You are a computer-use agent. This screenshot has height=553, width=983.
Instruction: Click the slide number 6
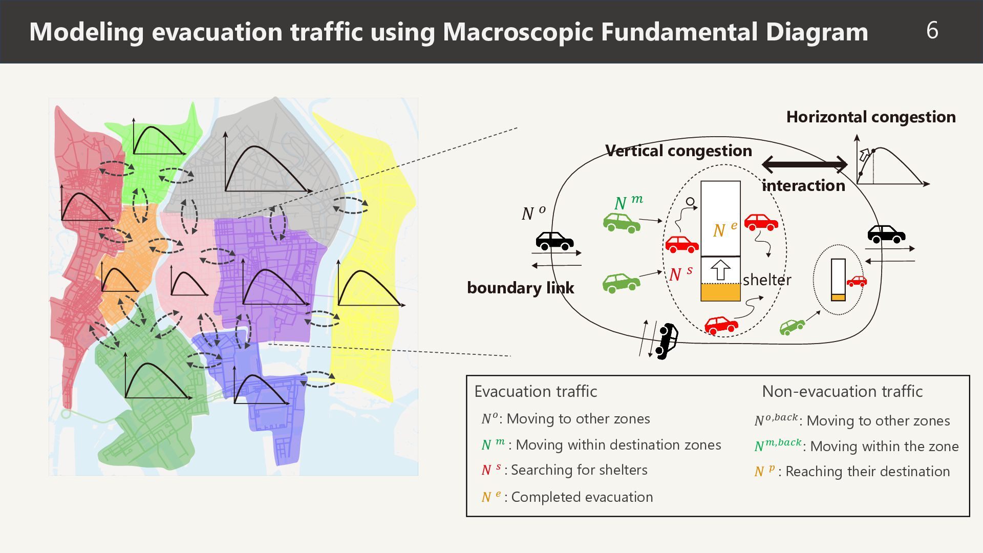pyautogui.click(x=932, y=30)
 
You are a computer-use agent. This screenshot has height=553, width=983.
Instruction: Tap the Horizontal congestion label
pyautogui.click(x=871, y=117)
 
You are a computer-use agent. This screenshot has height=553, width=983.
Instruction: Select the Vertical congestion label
pyautogui.click(x=678, y=151)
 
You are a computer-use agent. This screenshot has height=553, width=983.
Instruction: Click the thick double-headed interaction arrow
pyautogui.click(x=804, y=164)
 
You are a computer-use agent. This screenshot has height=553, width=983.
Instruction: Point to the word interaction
pyautogui.click(x=803, y=185)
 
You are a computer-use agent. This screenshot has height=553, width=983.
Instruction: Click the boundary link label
pyautogui.click(x=520, y=288)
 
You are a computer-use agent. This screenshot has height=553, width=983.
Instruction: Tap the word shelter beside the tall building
pyautogui.click(x=767, y=280)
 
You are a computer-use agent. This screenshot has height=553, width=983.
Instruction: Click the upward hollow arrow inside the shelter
pyautogui.click(x=720, y=270)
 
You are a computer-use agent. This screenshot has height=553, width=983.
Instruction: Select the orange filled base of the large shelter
pyautogui.click(x=720, y=292)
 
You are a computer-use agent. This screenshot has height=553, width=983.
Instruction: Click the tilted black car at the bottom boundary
pyautogui.click(x=667, y=341)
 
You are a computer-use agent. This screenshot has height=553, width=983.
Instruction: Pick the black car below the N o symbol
pyautogui.click(x=554, y=241)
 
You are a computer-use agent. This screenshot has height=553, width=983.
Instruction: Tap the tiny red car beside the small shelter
pyautogui.click(x=857, y=281)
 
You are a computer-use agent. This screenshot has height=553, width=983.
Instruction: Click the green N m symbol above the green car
pyautogui.click(x=629, y=202)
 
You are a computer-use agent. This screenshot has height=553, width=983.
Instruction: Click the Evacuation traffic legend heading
pyautogui.click(x=536, y=391)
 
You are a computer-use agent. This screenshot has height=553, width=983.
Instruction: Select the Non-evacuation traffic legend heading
pyautogui.click(x=842, y=391)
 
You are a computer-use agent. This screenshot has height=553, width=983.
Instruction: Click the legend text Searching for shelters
pyautogui.click(x=579, y=470)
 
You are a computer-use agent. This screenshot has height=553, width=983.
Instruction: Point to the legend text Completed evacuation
pyautogui.click(x=582, y=497)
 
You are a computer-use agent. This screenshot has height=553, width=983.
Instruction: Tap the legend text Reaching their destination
pyautogui.click(x=868, y=472)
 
